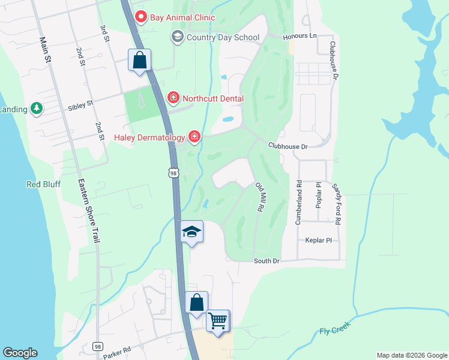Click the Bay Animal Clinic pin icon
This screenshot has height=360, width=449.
pyautogui.click(x=142, y=17)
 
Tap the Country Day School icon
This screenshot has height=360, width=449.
pyautogui.click(x=177, y=37)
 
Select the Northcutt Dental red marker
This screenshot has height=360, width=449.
pyautogui.click(x=173, y=98)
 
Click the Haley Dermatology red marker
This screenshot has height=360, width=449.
pyautogui.click(x=194, y=137)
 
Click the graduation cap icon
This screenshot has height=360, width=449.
pyautogui.click(x=191, y=232)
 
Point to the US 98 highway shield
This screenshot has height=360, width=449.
pyautogui.click(x=173, y=173)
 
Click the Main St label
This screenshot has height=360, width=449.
pyautogui.click(x=44, y=50)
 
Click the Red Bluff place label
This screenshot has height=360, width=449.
pyautogui.click(x=43, y=184)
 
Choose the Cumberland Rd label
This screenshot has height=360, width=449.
pyautogui.click(x=298, y=202)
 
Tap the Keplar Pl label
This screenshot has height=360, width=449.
pyautogui.click(x=319, y=239)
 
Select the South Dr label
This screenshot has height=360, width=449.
pyautogui.click(x=267, y=261)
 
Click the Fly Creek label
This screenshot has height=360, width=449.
pyautogui.click(x=334, y=328)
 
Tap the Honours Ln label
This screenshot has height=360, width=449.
pyautogui.click(x=300, y=36)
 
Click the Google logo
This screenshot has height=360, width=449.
pyautogui.click(x=20, y=353)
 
